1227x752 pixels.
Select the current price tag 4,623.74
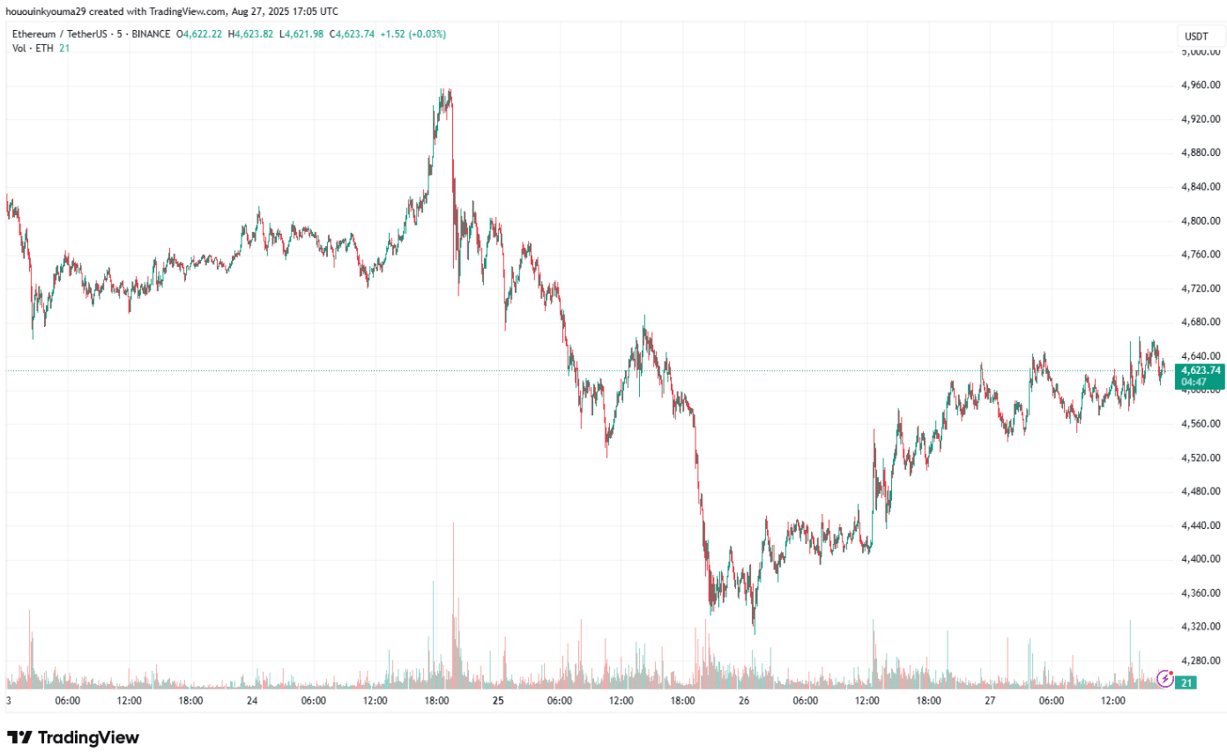click(x=1200, y=370)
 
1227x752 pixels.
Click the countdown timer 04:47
click(x=1194, y=383)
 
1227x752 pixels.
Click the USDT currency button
click(x=1196, y=36)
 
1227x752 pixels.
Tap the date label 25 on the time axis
click(x=498, y=701)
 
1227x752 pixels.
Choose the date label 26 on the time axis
click(x=744, y=701)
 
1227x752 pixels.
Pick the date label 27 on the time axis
click(x=990, y=701)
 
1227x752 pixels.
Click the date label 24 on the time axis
click(x=252, y=701)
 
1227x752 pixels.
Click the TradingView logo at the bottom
click(x=73, y=737)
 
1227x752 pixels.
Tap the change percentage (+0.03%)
click(x=426, y=34)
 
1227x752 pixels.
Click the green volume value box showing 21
click(x=1187, y=683)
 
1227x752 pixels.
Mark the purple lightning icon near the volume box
click(x=1165, y=678)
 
